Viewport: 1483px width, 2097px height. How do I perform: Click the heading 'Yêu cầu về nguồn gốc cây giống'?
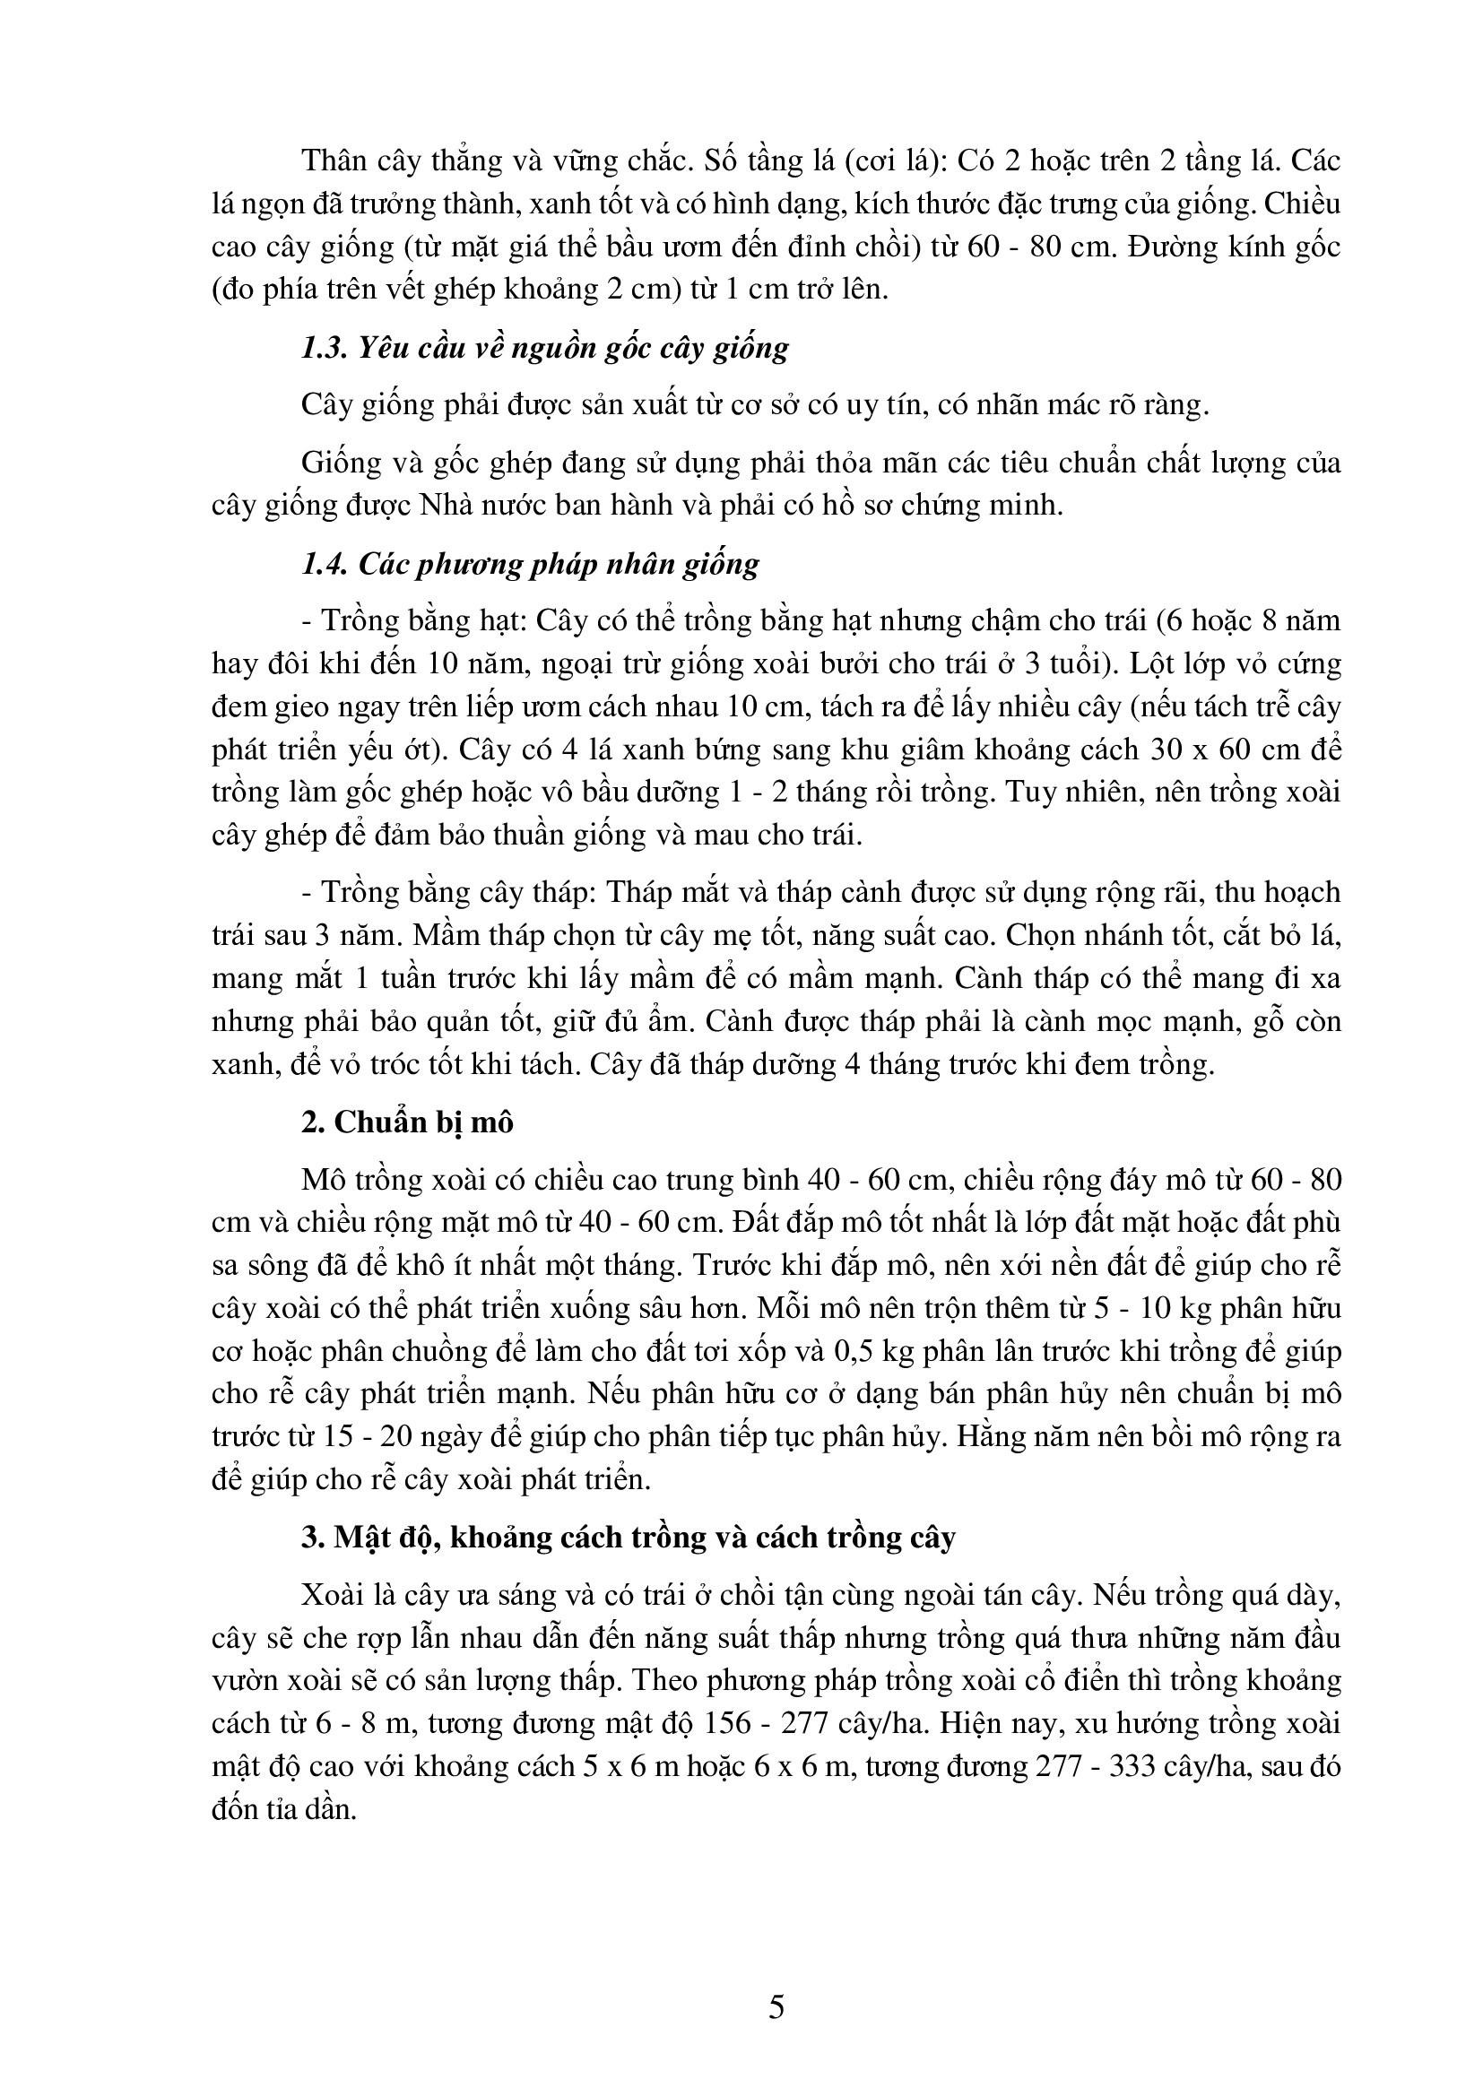545,348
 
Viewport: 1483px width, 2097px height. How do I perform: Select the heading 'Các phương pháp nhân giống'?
531,564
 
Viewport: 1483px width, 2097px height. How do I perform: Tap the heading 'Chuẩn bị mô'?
407,1122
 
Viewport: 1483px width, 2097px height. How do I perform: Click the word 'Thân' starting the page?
338,160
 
